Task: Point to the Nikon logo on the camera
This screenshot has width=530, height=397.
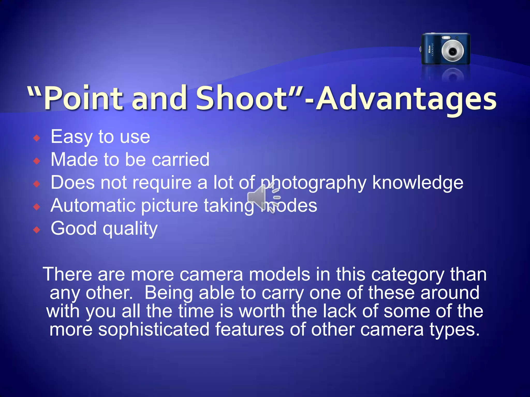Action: pos(429,49)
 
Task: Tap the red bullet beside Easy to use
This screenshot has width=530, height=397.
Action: pos(37,138)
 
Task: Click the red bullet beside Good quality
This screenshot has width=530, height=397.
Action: pos(37,230)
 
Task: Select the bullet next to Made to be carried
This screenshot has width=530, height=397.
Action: pos(37,161)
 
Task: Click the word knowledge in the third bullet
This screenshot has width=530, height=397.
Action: pos(418,183)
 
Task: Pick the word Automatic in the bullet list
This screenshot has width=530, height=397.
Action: pos(93,206)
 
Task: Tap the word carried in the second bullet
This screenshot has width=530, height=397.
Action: pos(180,160)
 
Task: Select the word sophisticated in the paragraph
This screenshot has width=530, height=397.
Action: pos(154,330)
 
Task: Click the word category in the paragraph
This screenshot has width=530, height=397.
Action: pos(408,275)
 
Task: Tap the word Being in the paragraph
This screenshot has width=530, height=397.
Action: pos(168,293)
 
